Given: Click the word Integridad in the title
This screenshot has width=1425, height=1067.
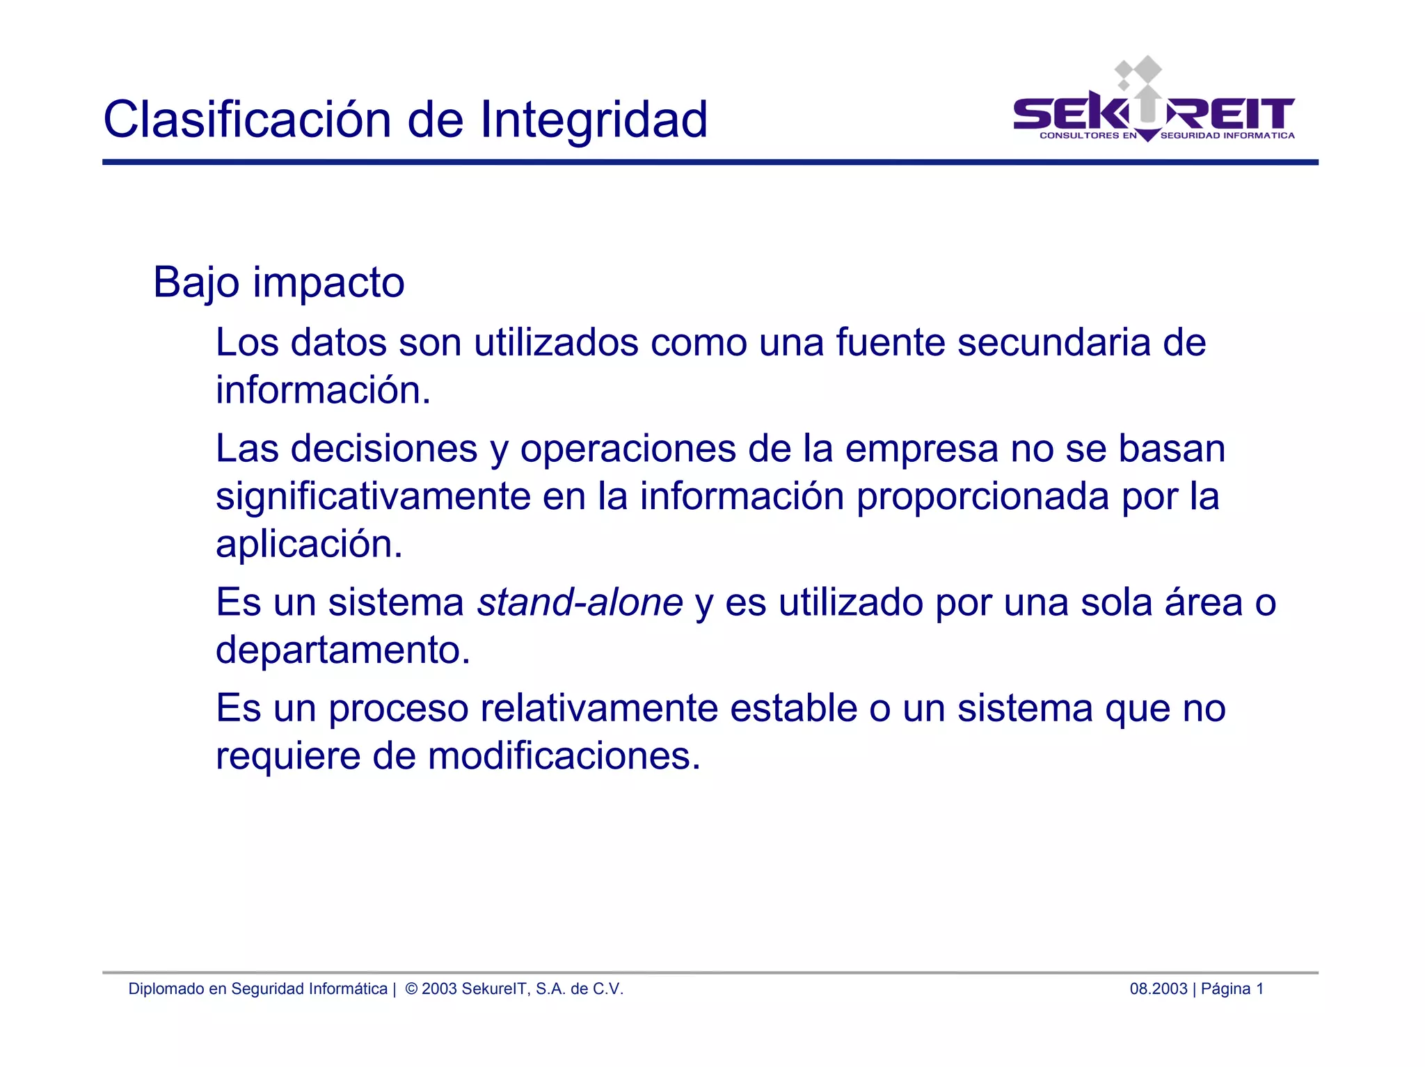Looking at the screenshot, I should coord(594,120).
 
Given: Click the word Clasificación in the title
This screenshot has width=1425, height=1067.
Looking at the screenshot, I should coord(248,120).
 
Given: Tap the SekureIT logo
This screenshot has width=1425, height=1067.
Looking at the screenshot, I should coord(1154,104).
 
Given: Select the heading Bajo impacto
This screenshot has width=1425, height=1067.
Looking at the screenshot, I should coord(278,282).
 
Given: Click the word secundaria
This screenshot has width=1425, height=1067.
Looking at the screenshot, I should coord(1053,342).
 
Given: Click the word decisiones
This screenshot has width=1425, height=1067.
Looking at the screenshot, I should coord(384,448).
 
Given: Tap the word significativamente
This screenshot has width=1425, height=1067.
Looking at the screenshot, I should coord(373,497).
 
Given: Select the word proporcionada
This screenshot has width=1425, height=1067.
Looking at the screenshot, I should coord(982,497).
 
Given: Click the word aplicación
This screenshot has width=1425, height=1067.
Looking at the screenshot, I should coord(308,544).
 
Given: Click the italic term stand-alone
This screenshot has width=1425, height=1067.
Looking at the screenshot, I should coord(580,602).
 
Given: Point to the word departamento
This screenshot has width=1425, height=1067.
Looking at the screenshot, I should coord(342,650).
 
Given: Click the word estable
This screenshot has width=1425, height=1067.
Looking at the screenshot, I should coord(793,708).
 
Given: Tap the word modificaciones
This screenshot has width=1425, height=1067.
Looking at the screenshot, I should coord(564,756).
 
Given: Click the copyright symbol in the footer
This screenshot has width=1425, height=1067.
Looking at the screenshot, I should coord(411,988).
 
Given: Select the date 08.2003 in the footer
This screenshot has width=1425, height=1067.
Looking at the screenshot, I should coord(1158,988).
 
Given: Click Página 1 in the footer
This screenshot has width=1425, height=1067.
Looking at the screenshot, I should coord(1232,988).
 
